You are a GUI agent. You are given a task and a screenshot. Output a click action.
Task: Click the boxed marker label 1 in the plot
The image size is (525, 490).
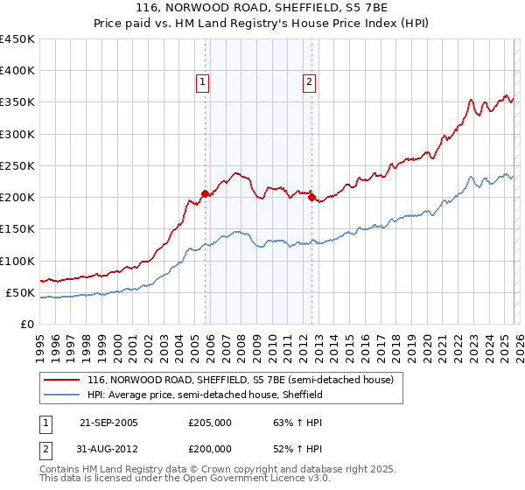pos(202,83)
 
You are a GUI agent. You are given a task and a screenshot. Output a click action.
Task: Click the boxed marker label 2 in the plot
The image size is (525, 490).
pos(309,83)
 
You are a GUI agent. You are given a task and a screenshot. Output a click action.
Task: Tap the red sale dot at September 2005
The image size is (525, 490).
pos(205,194)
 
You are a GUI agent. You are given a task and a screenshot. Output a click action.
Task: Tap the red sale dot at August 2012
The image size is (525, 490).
pos(312,197)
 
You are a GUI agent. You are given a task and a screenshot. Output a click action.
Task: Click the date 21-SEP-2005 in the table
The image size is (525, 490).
pos(108,423)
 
